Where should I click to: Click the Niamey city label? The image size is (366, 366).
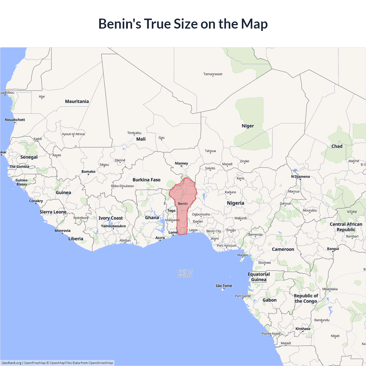point(181,163)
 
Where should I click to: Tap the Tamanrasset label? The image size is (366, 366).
point(213,74)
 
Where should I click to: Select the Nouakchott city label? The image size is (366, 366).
point(15,120)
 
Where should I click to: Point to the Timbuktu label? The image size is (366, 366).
point(134,133)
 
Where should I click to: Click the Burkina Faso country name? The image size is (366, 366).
point(146,180)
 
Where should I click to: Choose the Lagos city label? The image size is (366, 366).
point(193,230)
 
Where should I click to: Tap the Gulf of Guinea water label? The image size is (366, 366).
point(185,273)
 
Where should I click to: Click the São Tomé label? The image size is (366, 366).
point(224,286)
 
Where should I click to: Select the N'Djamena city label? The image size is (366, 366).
point(300,176)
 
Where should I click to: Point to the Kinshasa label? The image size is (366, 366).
point(303,329)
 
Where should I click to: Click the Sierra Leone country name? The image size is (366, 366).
point(53,212)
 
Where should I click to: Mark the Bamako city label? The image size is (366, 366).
point(88,172)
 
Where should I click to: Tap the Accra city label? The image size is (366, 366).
point(160,238)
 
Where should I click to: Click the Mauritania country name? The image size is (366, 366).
point(77,102)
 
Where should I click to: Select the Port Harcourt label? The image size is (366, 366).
point(226,246)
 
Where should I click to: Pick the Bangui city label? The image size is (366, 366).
point(333,249)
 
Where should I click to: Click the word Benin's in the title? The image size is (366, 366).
point(120,24)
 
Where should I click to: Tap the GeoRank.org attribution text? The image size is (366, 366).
point(11,363)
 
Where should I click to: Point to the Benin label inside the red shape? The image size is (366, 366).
point(183,204)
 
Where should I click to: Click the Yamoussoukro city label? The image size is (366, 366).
point(113,226)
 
